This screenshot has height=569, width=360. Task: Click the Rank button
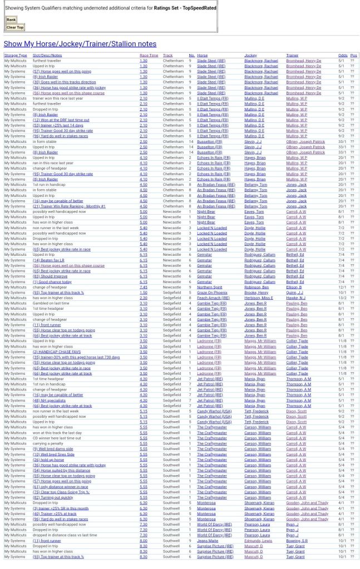point(11,19)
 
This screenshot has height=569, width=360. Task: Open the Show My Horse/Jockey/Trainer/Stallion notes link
point(80,44)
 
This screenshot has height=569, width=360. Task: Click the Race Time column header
point(149,56)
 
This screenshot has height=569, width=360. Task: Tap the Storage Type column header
point(16,56)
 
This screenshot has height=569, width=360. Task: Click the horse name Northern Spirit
point(209,287)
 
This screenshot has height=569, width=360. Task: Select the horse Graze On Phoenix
point(212,293)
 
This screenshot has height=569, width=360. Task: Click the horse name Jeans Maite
point(207,541)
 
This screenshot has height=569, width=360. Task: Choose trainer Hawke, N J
point(295,298)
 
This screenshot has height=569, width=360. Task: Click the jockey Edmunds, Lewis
point(258,541)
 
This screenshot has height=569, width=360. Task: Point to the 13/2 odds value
point(342,298)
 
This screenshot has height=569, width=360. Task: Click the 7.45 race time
point(144,287)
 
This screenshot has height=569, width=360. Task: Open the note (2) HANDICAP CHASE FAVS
point(57,352)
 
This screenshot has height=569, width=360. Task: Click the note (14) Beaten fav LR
point(48,260)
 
